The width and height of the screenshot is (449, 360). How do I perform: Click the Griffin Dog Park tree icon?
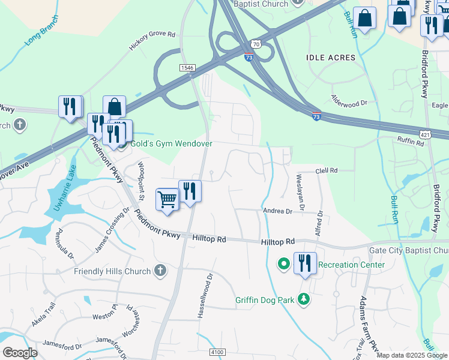pos(304,299)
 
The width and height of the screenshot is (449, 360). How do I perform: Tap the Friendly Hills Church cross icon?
pos(160,271)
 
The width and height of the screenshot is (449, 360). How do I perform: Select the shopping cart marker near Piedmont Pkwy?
pos(167,199)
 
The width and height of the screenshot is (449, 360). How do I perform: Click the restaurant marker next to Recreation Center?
pos(305,263)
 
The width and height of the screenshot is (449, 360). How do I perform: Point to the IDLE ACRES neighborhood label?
pos(331,58)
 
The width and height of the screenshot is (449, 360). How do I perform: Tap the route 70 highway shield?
pos(256,44)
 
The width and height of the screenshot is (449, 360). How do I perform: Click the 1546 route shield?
pos(187,68)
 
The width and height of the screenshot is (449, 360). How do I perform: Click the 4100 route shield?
pos(217,352)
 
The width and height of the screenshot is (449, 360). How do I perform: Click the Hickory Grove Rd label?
pos(152,41)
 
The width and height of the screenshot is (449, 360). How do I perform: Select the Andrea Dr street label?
pos(277,211)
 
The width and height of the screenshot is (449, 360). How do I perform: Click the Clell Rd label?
pos(327,171)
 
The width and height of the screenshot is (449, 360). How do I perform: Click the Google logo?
pos(20,352)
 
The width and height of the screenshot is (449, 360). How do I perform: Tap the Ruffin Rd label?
pos(411,139)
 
